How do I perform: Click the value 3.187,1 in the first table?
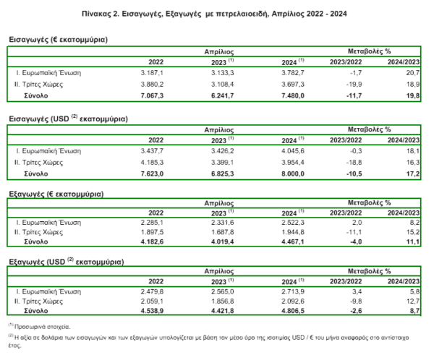(x=152, y=73)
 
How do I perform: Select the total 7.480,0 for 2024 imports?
(x=293, y=95)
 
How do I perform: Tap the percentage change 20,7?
(x=413, y=73)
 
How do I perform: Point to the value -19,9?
(x=354, y=84)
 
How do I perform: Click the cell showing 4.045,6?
(x=293, y=151)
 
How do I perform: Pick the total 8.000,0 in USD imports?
(x=293, y=173)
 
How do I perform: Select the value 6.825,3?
(x=223, y=173)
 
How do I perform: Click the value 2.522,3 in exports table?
(x=293, y=223)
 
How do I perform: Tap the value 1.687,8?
(x=223, y=232)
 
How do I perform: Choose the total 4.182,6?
(x=152, y=241)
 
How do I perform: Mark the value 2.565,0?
(x=223, y=291)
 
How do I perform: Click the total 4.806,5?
(x=293, y=311)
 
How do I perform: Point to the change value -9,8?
(x=356, y=301)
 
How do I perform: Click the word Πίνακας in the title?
(x=96, y=14)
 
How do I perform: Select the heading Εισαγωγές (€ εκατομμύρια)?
(x=58, y=40)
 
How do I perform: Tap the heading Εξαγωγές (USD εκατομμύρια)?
(x=67, y=262)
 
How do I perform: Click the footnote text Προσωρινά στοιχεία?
(x=42, y=327)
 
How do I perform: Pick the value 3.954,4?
(x=293, y=163)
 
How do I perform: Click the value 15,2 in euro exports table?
(x=413, y=232)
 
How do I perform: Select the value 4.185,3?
(x=152, y=163)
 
